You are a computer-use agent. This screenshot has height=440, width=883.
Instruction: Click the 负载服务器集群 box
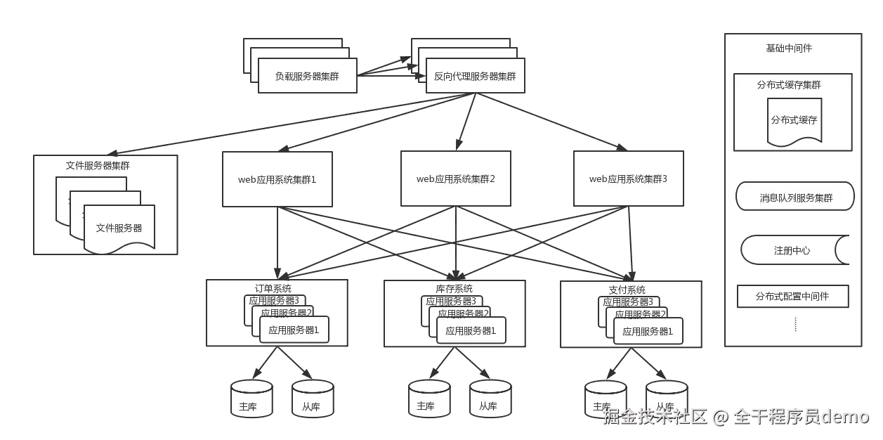click(x=308, y=76)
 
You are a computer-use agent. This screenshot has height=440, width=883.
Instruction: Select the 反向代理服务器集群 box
click(x=475, y=76)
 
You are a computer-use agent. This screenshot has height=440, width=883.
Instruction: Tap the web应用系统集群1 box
click(x=277, y=179)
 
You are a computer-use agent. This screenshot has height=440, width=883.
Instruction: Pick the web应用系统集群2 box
click(x=456, y=179)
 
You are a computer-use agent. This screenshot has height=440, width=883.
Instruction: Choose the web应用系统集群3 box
click(x=628, y=179)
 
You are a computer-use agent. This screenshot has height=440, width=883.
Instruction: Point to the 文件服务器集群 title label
click(x=98, y=166)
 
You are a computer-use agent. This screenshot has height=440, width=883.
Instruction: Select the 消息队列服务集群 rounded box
click(x=795, y=198)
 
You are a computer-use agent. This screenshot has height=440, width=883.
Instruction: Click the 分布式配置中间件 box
click(x=792, y=297)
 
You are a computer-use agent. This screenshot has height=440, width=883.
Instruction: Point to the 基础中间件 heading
click(x=789, y=48)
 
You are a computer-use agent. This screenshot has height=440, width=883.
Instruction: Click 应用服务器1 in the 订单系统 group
click(x=294, y=330)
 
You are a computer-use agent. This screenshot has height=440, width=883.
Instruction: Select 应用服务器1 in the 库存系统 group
click(x=471, y=330)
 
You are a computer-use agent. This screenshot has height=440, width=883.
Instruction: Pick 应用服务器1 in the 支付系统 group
click(x=648, y=330)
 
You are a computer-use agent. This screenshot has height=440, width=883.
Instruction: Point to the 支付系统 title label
click(x=627, y=290)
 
